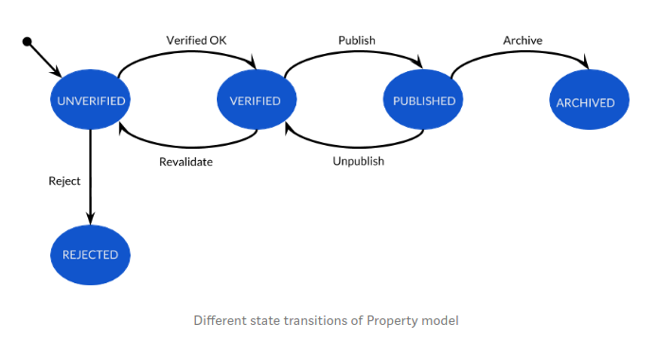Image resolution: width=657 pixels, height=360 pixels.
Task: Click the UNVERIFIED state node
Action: pyautogui.click(x=91, y=100)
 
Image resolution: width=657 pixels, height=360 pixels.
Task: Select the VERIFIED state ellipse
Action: pyautogui.click(x=256, y=100)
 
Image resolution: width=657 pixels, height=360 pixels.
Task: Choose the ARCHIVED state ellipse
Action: pyautogui.click(x=587, y=102)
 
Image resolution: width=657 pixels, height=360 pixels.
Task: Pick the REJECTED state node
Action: pyautogui.click(x=91, y=254)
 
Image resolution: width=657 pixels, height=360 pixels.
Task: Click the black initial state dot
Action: pyautogui.click(x=27, y=42)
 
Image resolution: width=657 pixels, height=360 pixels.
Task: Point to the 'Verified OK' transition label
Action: pyautogui.click(x=196, y=40)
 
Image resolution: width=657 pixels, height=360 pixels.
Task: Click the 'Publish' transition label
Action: pyautogui.click(x=357, y=40)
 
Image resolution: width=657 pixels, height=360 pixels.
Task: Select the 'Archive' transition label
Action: pyautogui.click(x=523, y=40)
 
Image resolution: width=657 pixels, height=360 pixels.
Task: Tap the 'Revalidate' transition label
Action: pyautogui.click(x=186, y=161)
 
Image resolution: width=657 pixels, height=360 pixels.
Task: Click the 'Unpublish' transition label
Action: pyautogui.click(x=358, y=161)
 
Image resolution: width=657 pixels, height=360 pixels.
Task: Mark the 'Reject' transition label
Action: pyautogui.click(x=64, y=180)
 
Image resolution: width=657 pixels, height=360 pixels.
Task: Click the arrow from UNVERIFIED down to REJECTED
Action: pyautogui.click(x=91, y=180)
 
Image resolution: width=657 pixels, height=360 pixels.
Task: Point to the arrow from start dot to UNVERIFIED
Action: pyautogui.click(x=44, y=58)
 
